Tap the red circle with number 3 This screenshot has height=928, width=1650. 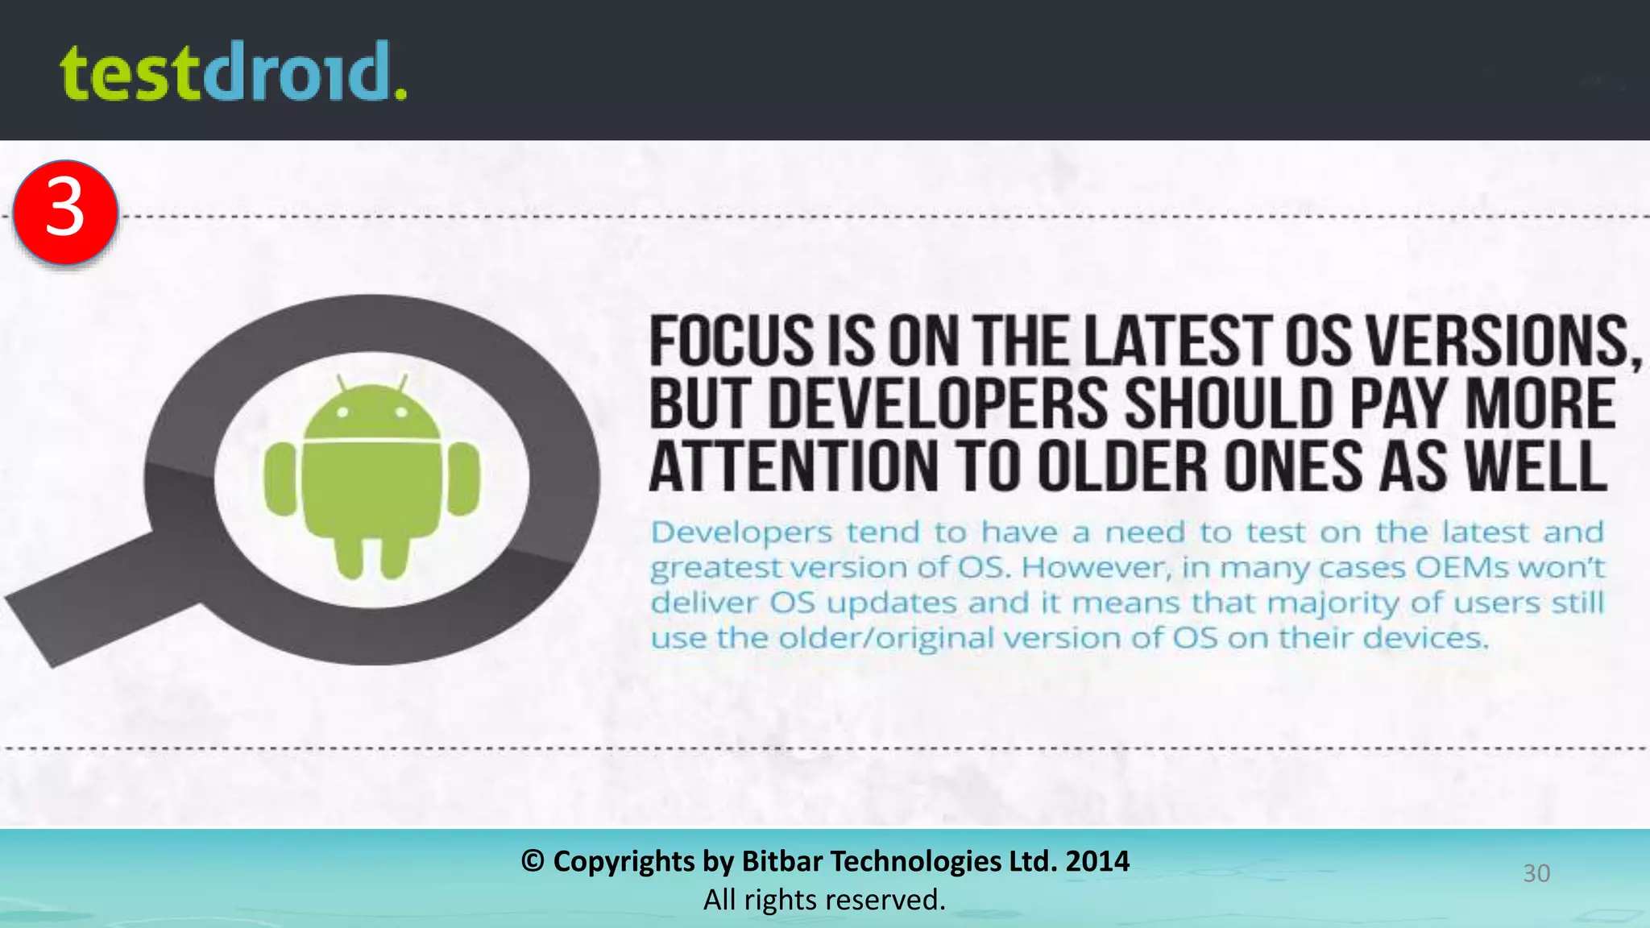66,211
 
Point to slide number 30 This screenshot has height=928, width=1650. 1536,873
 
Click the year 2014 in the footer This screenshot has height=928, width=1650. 1097,861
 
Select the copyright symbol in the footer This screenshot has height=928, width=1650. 532,861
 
